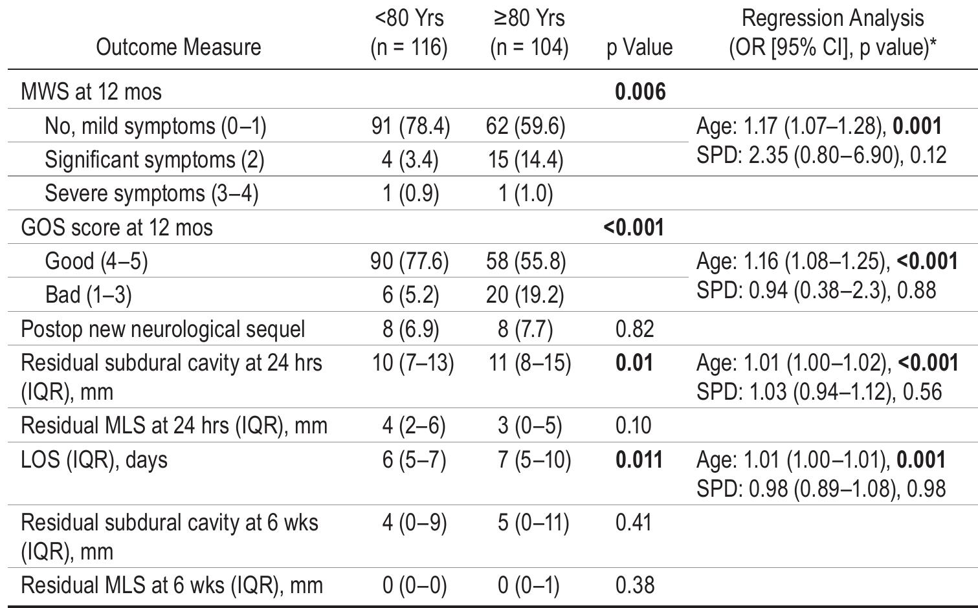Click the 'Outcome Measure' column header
178,47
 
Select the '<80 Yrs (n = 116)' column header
409,32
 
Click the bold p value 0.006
639,92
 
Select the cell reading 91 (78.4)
410,126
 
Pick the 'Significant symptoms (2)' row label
154,160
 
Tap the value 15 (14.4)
526,160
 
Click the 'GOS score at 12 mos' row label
117,228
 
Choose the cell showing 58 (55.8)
526,261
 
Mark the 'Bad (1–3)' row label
88,295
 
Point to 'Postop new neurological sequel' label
162,329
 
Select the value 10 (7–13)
413,363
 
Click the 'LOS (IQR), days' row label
94,460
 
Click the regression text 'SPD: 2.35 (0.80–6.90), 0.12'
821,155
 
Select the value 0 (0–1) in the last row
528,585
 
